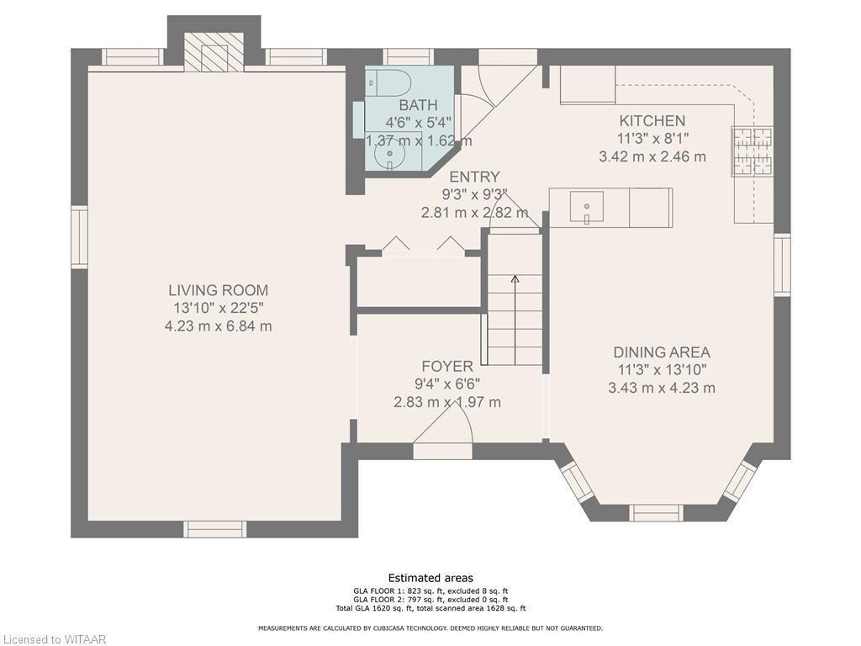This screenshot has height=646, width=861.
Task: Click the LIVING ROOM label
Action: [x=218, y=290]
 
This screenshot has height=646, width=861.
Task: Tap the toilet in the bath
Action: [x=388, y=84]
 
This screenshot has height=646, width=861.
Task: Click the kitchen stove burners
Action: [x=752, y=151]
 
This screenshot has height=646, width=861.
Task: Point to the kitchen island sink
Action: [x=586, y=207]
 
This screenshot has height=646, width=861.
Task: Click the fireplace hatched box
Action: [x=213, y=51]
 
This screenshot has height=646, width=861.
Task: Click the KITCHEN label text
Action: [x=652, y=121]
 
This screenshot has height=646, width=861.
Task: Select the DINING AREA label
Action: [x=662, y=352]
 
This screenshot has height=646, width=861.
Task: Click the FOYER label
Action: [x=447, y=367]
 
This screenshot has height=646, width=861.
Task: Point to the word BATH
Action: [x=419, y=105]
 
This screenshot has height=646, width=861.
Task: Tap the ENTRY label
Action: [x=474, y=177]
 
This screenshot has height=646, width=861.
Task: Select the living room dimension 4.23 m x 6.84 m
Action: [x=218, y=326]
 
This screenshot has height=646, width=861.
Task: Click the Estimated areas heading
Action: [x=430, y=578]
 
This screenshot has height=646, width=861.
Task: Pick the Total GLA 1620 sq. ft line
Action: [x=430, y=608]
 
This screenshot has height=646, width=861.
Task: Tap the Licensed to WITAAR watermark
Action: [x=53, y=639]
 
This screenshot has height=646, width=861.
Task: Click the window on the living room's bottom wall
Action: [x=214, y=529]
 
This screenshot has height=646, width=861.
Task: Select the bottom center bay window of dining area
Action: [x=656, y=512]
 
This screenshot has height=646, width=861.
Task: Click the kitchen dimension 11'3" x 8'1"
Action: [x=652, y=139]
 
